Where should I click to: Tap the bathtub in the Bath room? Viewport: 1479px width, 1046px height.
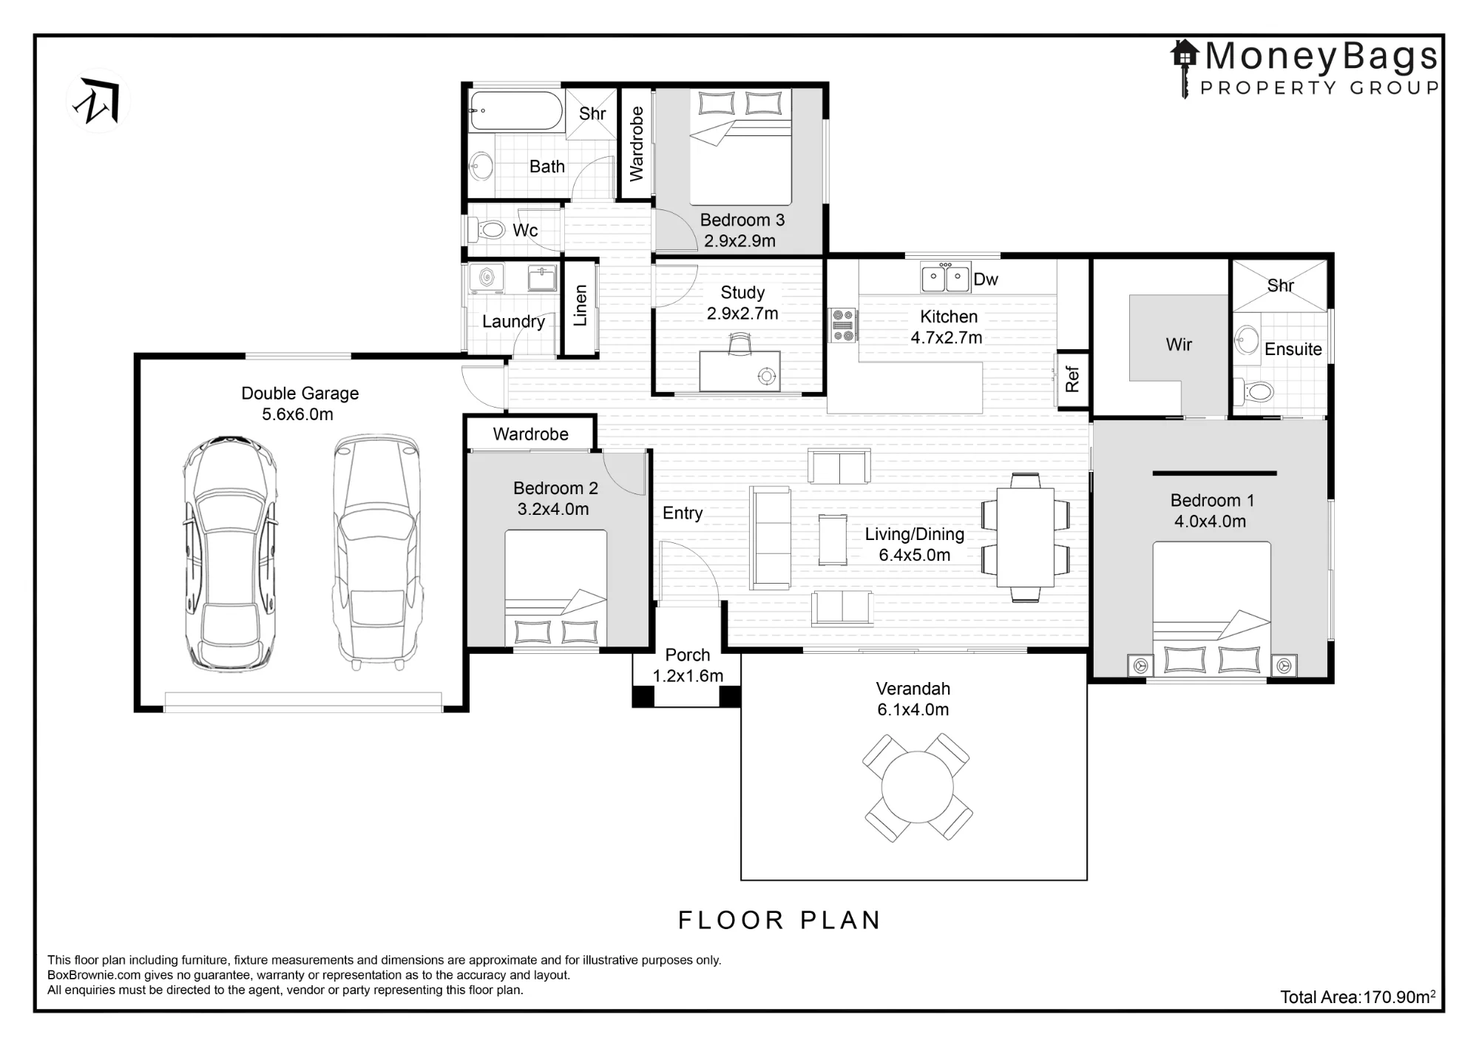516,110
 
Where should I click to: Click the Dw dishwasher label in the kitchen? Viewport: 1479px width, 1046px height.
986,280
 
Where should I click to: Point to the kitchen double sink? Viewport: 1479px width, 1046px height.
945,277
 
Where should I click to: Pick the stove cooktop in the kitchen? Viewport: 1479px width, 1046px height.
843,325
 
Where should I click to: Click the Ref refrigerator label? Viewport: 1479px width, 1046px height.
1072,379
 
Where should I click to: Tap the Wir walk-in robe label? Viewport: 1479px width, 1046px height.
1179,345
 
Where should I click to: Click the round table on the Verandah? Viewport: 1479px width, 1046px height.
917,787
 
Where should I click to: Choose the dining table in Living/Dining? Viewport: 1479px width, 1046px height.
1025,536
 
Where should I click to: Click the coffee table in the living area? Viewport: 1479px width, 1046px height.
833,539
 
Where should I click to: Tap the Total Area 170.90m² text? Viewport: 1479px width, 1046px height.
1358,996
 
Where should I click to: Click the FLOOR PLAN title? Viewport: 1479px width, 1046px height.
779,920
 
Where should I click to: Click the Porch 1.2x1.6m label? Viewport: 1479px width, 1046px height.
688,665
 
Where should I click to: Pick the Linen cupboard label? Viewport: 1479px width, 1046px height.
581,306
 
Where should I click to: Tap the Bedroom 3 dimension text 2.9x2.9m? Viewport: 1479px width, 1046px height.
739,241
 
